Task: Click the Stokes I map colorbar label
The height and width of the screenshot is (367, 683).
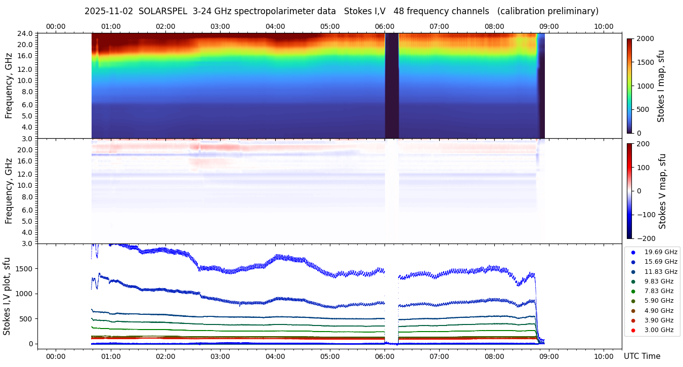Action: [x=661, y=86]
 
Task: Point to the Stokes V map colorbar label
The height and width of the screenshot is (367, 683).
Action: [x=662, y=191]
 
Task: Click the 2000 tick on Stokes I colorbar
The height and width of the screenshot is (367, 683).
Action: [x=645, y=39]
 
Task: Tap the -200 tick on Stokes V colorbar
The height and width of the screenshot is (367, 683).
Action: [x=645, y=238]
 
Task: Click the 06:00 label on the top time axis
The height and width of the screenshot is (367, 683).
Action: [x=385, y=26]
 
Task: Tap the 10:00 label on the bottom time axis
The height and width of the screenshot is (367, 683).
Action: [x=604, y=356]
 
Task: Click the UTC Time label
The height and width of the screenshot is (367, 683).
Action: [x=642, y=356]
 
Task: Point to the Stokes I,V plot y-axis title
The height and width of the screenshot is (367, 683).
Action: [x=7, y=296]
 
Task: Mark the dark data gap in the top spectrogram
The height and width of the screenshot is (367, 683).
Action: [x=392, y=85]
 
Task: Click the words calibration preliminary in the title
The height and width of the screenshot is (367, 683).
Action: [x=548, y=11]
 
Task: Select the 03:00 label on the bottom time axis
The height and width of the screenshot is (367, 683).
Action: [x=220, y=356]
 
